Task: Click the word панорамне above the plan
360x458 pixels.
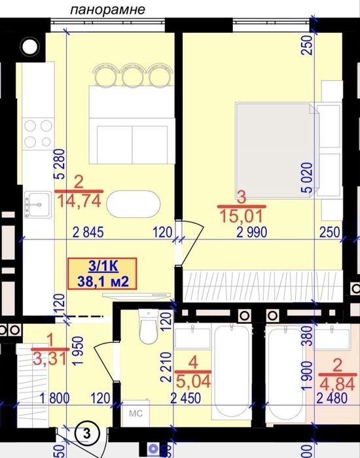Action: (x=107, y=9)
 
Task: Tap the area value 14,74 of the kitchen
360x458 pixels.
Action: (x=79, y=202)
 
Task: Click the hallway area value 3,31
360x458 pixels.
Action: (x=50, y=359)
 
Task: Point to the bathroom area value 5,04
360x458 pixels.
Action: (x=193, y=381)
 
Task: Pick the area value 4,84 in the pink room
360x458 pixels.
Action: (x=337, y=384)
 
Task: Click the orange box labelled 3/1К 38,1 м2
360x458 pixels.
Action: (x=102, y=273)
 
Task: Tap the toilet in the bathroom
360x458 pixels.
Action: (x=149, y=326)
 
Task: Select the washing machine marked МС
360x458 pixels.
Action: (x=136, y=414)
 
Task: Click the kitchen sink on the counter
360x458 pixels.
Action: (x=38, y=204)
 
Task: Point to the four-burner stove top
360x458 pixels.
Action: (x=38, y=133)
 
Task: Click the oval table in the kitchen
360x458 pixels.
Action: (x=134, y=204)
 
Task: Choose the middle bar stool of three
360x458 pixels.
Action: (x=134, y=75)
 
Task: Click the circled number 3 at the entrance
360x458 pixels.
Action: (x=87, y=433)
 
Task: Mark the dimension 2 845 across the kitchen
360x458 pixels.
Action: (x=88, y=232)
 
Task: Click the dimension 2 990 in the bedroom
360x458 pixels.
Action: (x=251, y=232)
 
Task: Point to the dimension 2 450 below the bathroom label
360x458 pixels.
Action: (x=185, y=398)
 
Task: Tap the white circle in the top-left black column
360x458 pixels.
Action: (x=30, y=46)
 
